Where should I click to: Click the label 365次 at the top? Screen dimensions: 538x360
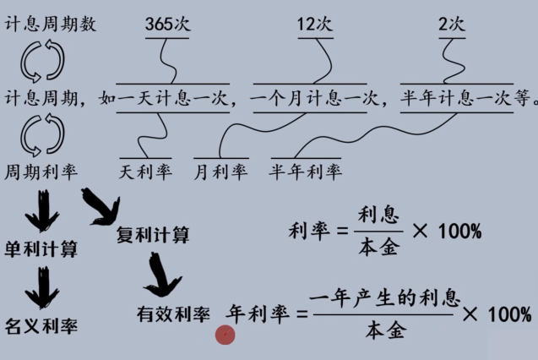tap(167, 25)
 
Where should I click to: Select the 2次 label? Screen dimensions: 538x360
tap(452, 25)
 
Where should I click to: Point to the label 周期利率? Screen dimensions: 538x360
tap(41, 172)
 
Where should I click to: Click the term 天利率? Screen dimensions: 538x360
tap(145, 172)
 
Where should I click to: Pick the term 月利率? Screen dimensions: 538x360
tap(220, 172)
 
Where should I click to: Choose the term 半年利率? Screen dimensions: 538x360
tap(306, 172)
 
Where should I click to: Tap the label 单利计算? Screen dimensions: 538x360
tap(41, 249)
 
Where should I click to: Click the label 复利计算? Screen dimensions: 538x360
tap(153, 234)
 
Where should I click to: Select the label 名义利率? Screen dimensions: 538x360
tap(41, 325)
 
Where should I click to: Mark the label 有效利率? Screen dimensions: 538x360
tap(173, 315)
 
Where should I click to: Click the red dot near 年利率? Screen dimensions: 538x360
tap(225, 335)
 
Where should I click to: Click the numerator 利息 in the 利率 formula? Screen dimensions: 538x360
tap(378, 215)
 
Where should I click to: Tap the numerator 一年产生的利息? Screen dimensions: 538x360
tap(385, 298)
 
